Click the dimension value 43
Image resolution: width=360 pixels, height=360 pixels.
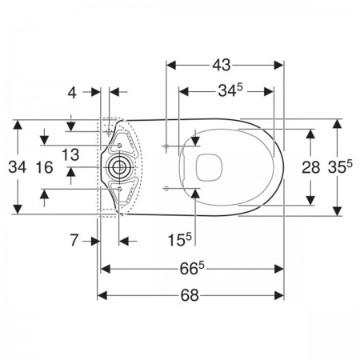coord(222,65)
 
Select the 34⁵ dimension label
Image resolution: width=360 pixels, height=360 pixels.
coord(230,90)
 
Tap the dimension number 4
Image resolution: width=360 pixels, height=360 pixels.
coord(72,93)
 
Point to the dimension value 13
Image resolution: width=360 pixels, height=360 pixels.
coord(70,154)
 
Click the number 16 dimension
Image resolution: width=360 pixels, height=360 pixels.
coord(44,167)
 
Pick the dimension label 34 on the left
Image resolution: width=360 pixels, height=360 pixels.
coord(18,167)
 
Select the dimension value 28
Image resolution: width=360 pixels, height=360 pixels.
coord(310,167)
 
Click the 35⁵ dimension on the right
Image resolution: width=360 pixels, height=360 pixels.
coord(340,167)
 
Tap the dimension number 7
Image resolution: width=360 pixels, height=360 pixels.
coord(74,240)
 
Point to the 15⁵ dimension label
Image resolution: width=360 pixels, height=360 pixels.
coord(180,239)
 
